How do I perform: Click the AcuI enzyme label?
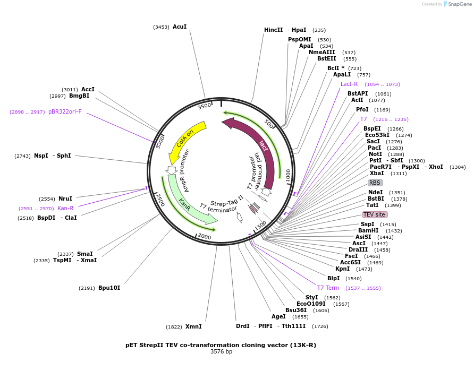click(180, 27)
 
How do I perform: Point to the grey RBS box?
click(375, 183)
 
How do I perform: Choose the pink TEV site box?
click(375, 214)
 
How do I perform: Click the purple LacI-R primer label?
click(349, 84)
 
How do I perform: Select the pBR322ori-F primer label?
click(65, 111)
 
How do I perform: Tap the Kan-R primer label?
click(65, 208)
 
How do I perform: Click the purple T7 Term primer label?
click(328, 288)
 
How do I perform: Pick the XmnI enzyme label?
click(194, 327)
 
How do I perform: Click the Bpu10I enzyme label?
click(109, 288)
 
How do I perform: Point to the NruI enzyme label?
click(65, 199)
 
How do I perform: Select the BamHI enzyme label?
click(368, 230)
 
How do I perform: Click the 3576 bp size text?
click(221, 351)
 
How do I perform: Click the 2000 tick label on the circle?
click(204, 237)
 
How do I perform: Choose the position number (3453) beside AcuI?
click(161, 27)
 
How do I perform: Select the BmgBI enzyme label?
click(79, 96)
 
